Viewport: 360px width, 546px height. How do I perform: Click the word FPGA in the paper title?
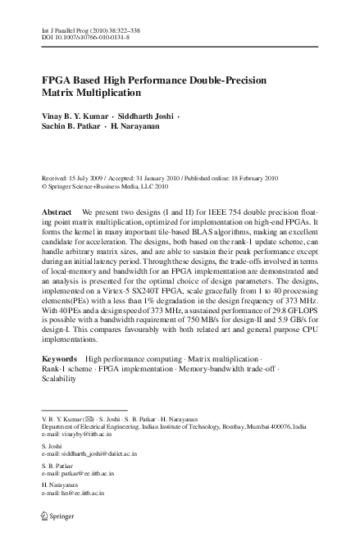point(58,83)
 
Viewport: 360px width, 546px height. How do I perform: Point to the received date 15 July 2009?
point(88,178)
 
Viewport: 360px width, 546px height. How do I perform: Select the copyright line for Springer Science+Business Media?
point(115,186)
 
